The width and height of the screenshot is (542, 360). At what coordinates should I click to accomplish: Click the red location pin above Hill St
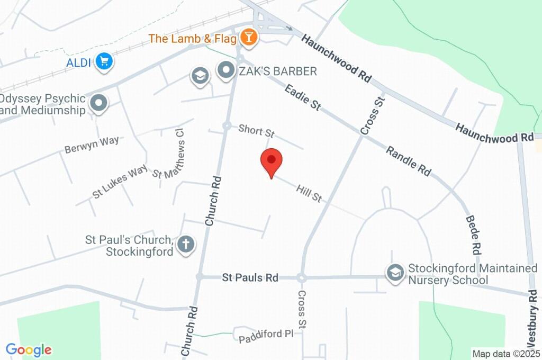(272, 161)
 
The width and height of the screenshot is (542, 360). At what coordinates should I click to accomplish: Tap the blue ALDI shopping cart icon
(104, 61)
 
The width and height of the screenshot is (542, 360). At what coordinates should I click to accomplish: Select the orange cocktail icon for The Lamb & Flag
(248, 38)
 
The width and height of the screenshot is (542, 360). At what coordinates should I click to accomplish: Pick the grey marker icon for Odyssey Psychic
(98, 104)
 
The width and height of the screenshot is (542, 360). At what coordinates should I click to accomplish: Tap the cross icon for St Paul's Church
(186, 245)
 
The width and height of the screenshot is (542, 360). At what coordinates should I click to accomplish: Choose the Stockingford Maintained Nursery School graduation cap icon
(394, 274)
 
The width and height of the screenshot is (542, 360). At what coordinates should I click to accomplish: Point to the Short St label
(256, 130)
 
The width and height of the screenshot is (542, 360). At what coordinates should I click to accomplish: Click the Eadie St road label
(303, 97)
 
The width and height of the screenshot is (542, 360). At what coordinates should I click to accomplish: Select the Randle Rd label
(408, 161)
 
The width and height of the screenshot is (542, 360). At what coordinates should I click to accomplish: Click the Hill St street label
(309, 193)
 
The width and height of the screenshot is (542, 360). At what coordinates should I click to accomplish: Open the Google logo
(29, 350)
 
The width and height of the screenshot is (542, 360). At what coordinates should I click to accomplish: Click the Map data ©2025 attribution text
(506, 354)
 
